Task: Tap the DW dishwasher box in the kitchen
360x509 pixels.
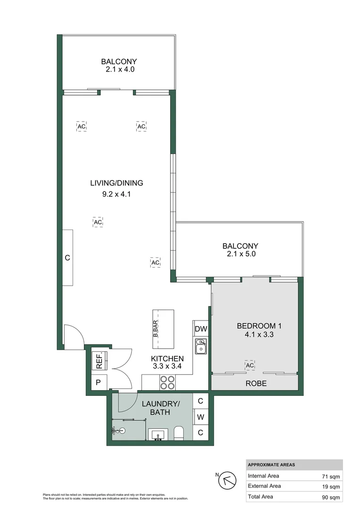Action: [x=201, y=329]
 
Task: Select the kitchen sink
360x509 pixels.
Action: [x=201, y=346]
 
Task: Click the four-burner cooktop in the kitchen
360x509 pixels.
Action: [x=167, y=382]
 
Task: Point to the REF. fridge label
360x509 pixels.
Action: [x=99, y=361]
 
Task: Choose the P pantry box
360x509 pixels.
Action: [x=98, y=382]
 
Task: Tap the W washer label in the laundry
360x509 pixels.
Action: [x=200, y=417]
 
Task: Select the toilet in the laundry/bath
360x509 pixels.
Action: [x=179, y=433]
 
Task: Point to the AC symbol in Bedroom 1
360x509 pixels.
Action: [x=250, y=366]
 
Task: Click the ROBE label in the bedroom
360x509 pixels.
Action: [x=256, y=384]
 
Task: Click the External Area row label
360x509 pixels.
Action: [x=264, y=486]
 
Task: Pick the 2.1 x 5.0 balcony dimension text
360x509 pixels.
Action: [x=240, y=254]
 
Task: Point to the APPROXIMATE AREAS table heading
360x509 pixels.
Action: [x=271, y=465]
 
